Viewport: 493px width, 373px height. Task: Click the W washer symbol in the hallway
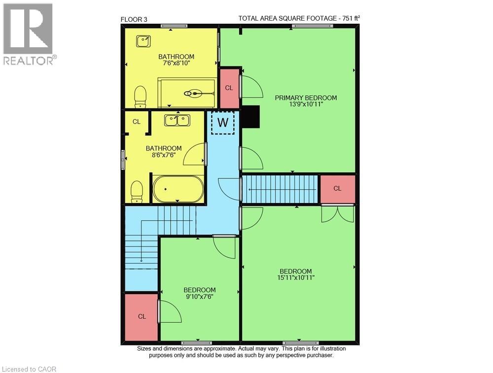[x=223, y=122]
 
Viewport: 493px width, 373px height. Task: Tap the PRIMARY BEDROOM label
[x=306, y=98]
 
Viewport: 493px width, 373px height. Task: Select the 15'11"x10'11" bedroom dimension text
[x=296, y=278]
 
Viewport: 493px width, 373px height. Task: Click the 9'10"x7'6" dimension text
[x=200, y=297]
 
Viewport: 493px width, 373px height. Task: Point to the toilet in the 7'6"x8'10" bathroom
[x=141, y=97]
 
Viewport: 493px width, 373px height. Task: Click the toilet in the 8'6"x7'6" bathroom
[x=137, y=191]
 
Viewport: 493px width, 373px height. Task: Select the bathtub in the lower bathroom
[x=178, y=189]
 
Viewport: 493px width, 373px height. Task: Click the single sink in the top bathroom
[x=143, y=40]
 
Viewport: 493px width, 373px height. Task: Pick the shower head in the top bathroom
[x=195, y=92]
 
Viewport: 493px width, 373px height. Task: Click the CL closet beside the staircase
[x=337, y=188]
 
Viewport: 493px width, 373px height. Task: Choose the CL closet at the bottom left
[x=141, y=316]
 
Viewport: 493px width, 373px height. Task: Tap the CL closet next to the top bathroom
[x=229, y=88]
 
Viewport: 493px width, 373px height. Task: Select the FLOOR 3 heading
[x=134, y=19]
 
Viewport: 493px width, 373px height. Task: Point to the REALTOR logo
[x=28, y=34]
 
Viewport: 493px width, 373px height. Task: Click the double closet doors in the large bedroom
[x=337, y=214]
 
